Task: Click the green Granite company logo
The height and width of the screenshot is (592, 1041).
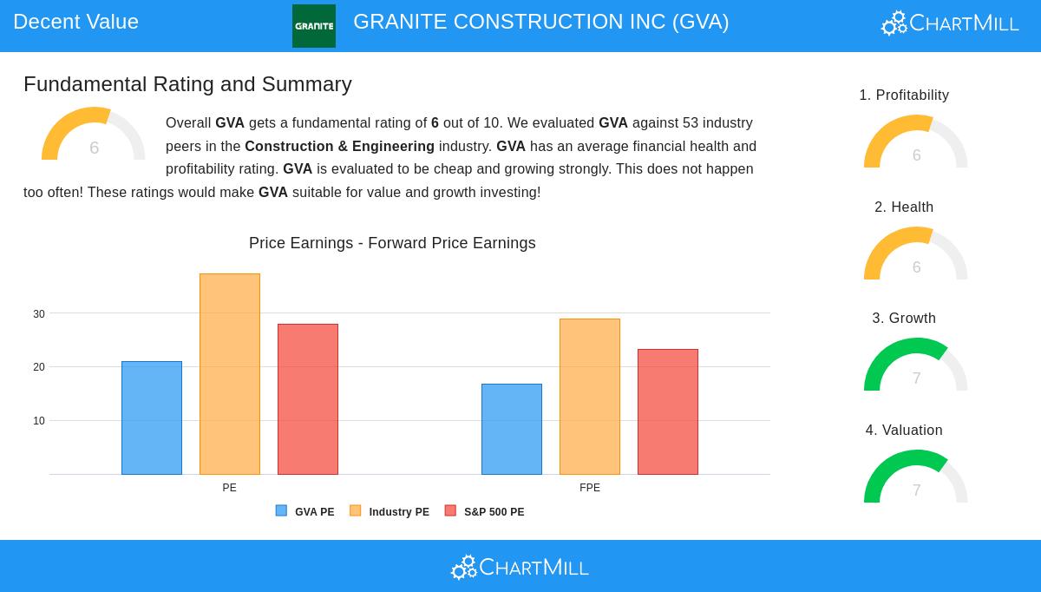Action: click(x=313, y=26)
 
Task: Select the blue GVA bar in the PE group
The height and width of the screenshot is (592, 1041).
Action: click(x=152, y=418)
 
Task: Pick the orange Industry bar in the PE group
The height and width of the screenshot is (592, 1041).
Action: click(x=230, y=374)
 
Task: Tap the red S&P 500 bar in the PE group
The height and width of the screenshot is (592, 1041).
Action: click(x=308, y=399)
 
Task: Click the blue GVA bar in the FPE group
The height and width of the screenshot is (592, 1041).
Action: click(x=512, y=429)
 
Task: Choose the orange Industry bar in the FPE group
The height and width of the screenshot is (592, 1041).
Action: click(x=590, y=397)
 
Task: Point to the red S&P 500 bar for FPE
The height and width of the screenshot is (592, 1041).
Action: click(x=668, y=411)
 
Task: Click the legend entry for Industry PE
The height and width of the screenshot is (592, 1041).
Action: click(x=390, y=511)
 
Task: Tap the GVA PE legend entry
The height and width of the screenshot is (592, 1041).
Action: click(x=304, y=511)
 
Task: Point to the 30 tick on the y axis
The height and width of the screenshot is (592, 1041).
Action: click(x=39, y=314)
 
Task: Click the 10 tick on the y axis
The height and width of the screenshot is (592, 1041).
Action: click(x=39, y=421)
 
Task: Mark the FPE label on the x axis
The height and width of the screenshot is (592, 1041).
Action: click(x=590, y=488)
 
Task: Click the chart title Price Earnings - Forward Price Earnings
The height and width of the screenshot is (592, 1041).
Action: click(x=392, y=243)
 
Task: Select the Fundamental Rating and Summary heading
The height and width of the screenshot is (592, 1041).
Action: click(x=187, y=84)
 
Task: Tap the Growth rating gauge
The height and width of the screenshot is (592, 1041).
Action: click(x=915, y=366)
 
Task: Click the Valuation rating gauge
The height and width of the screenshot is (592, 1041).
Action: click(x=915, y=478)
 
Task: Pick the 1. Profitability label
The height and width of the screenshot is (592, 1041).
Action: click(x=904, y=95)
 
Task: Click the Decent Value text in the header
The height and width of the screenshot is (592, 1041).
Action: click(x=76, y=22)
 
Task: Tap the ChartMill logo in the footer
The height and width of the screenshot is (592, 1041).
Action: click(x=520, y=567)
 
